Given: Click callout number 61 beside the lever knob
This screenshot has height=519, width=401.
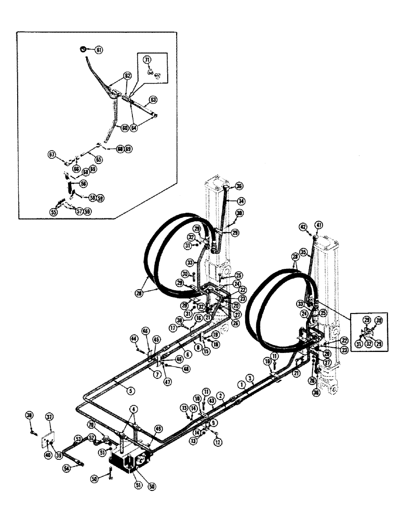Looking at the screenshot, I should pos(99,50).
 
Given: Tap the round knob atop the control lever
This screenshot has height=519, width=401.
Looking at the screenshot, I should pos(83,49).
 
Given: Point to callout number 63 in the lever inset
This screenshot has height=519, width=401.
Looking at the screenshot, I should pos(153,99).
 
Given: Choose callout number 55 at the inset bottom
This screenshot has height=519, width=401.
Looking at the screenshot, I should pos(53,212).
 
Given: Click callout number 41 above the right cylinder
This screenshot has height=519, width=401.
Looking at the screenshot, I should pos(318,225).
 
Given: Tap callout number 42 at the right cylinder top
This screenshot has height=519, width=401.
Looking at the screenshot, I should pos(303,226).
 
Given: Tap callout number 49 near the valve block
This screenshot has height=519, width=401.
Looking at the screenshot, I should pos(158,429).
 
